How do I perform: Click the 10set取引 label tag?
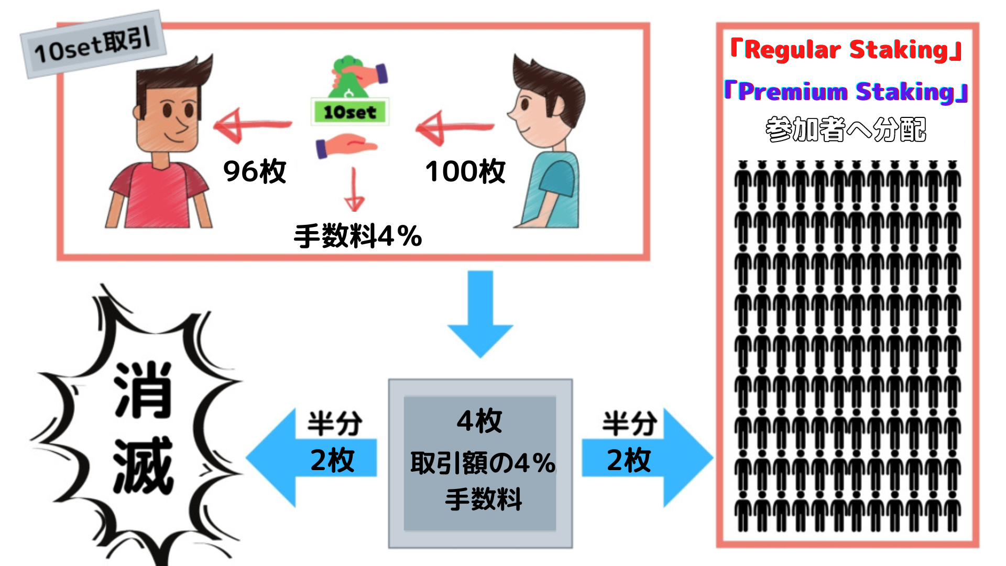[93, 45]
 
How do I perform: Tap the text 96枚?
[255, 171]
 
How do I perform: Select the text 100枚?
[465, 171]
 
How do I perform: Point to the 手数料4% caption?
[358, 236]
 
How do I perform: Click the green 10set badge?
[349, 112]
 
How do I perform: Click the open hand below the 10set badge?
[346, 145]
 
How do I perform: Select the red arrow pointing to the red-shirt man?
[251, 126]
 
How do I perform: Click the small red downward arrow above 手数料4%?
[354, 191]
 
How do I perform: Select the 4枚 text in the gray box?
[479, 421]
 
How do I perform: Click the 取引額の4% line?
[482, 463]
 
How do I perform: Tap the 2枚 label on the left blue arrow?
[332, 460]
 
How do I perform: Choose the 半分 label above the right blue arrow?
[629, 423]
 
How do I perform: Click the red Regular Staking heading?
[846, 50]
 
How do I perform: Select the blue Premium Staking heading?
[846, 92]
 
